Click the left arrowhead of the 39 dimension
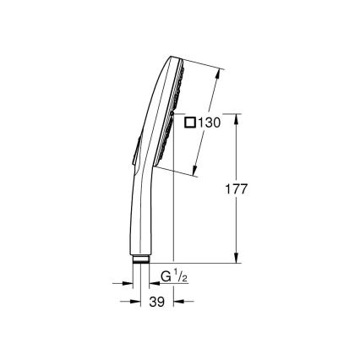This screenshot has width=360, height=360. pos(134,300)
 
